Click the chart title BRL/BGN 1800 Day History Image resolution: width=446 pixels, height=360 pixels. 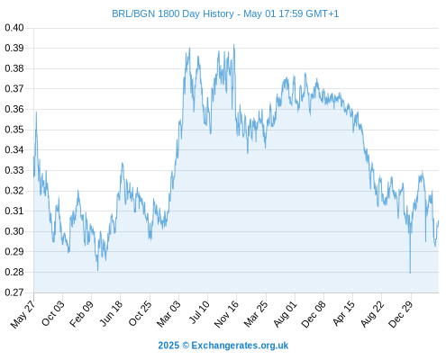pyautogui.click(x=173, y=13)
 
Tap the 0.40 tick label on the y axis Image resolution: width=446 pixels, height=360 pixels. pyautogui.click(x=14, y=28)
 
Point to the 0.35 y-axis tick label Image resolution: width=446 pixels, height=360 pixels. pyautogui.click(x=14, y=130)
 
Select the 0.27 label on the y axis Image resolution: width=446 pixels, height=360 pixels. pyautogui.click(x=14, y=292)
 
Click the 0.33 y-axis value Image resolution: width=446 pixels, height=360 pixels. pyautogui.click(x=14, y=170)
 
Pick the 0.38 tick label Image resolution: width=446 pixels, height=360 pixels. pyautogui.click(x=14, y=68)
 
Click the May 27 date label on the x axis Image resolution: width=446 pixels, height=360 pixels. pyautogui.click(x=23, y=314)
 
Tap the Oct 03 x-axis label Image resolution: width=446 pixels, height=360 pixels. pyautogui.click(x=53, y=313)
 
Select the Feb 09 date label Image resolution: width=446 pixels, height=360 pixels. pyautogui.click(x=81, y=313)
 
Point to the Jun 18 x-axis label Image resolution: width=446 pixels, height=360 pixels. pyautogui.click(x=111, y=313)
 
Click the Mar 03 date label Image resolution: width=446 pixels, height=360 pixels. pyautogui.click(x=168, y=313)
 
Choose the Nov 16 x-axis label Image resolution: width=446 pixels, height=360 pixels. pyautogui.click(x=226, y=314)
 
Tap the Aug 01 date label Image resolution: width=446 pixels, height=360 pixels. pyautogui.click(x=285, y=313)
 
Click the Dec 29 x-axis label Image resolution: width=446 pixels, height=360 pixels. pyautogui.click(x=401, y=314)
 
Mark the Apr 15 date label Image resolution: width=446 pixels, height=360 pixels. pyautogui.click(x=343, y=313)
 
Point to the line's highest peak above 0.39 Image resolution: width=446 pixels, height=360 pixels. pyautogui.click(x=234, y=45)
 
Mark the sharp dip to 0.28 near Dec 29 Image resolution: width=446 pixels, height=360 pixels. pyautogui.click(x=410, y=273)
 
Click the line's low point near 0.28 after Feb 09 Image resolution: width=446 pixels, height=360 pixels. pyautogui.click(x=97, y=270)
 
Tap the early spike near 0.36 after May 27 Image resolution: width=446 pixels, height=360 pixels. pyautogui.click(x=36, y=112)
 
